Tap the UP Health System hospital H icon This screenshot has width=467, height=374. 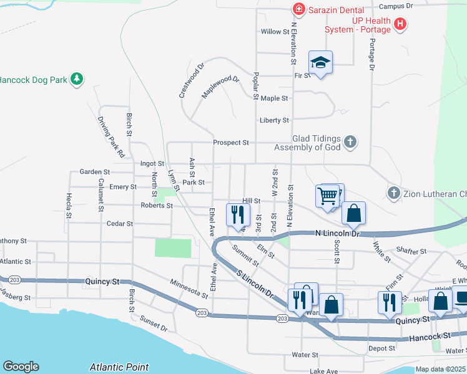tap(400, 25)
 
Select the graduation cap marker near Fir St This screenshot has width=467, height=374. tap(320, 62)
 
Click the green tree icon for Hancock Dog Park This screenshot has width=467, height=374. tap(77, 79)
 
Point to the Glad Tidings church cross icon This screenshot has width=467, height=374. tap(350, 141)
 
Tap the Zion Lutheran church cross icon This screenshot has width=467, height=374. tap(393, 193)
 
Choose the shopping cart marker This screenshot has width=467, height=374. tap(328, 196)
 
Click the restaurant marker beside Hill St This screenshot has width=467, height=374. tap(237, 215)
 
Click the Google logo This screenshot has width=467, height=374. tap(21, 367)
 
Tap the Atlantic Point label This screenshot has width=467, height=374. tap(119, 367)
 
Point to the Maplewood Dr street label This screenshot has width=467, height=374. tap(220, 87)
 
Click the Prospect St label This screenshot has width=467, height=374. tap(230, 143)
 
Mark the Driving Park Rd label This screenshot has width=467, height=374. tap(111, 137)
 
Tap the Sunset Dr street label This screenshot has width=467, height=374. tap(154, 324)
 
